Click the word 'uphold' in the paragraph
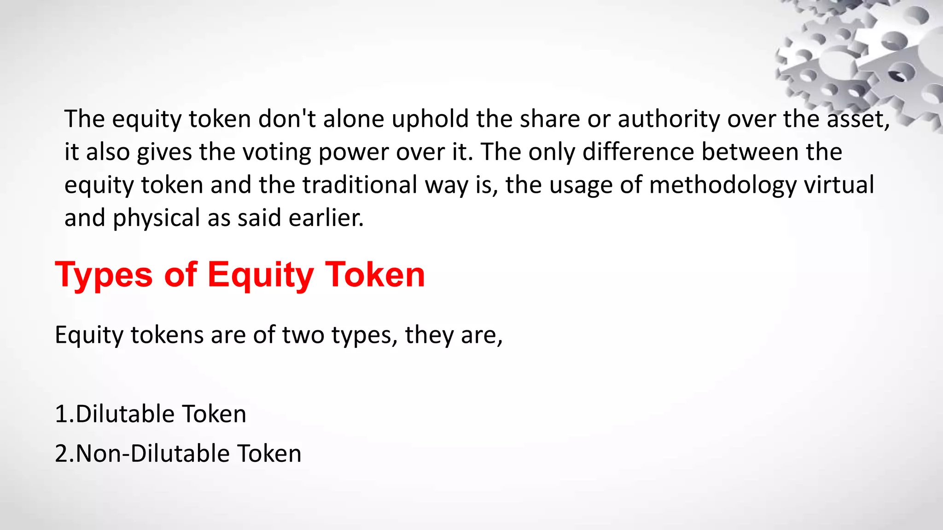(x=430, y=119)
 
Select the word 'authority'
(x=668, y=119)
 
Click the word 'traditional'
(x=360, y=185)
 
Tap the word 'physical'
(x=156, y=218)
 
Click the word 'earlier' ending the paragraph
(x=325, y=218)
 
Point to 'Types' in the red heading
(x=104, y=275)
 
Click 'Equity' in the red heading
(x=261, y=275)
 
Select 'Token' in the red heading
(x=375, y=275)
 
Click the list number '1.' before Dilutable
(x=64, y=414)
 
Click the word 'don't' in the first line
(x=287, y=119)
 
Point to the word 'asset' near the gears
(x=856, y=119)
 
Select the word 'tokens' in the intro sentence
(x=167, y=334)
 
